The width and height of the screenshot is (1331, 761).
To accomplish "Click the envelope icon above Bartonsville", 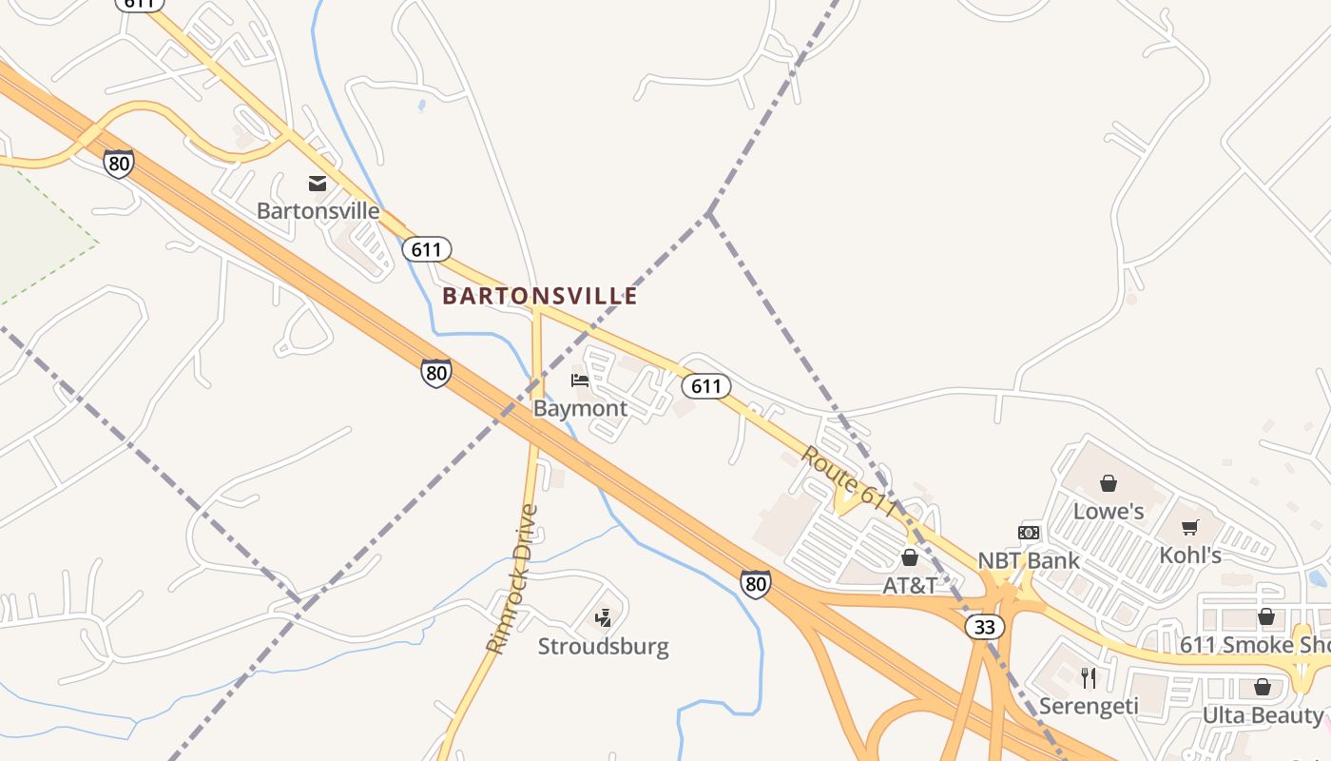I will coord(318,184).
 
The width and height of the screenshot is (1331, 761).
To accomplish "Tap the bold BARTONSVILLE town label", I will coord(540,296).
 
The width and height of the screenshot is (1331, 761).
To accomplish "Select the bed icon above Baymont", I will coord(580,380).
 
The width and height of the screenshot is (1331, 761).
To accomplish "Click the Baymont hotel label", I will coord(580,408).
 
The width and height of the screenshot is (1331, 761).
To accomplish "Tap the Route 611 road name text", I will coord(848,481).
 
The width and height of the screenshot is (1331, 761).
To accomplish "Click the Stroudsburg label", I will coord(603,647).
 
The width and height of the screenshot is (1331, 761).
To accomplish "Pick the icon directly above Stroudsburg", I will coord(603,618).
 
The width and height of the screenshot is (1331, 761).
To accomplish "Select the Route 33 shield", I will coord(984,626).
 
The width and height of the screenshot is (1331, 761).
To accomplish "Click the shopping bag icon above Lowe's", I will coord(1109,483).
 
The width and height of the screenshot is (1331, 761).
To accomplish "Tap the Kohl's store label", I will coord(1189,555).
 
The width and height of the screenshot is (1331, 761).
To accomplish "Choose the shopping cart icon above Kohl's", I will coord(1189,527).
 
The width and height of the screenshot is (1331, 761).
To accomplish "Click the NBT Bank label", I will coord(1029,560).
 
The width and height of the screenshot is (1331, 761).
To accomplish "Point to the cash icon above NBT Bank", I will coord(1029,533).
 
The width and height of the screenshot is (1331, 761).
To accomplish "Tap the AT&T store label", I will coord(910,585).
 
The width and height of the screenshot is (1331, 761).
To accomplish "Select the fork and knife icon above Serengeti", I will coord(1089,677).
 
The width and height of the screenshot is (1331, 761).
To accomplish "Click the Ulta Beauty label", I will coord(1263,714).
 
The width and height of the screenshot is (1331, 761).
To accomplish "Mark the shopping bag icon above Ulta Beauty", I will coord(1263,687).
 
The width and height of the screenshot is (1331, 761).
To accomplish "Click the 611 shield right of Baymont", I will coord(706,385).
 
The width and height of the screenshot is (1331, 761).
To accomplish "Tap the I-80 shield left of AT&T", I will coord(756,583).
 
